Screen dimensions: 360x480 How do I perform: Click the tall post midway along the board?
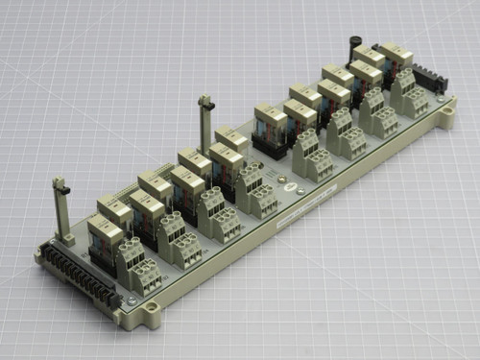click(204, 119)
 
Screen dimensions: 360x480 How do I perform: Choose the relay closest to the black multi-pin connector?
click(106, 236)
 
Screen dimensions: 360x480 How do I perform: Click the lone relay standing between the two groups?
click(271, 124)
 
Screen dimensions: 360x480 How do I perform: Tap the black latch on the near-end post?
click(60, 184)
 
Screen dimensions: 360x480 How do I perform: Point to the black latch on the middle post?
click(203, 99)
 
